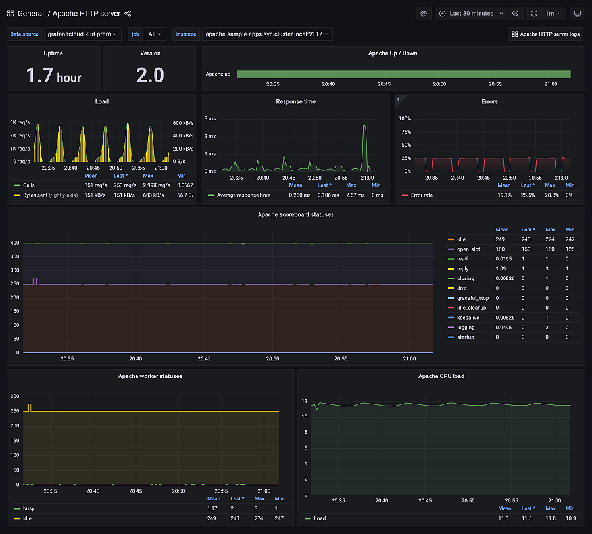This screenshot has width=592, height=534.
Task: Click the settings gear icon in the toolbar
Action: point(424,13)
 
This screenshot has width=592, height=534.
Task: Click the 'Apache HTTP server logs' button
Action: point(545,34)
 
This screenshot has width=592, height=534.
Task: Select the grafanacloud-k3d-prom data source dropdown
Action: point(83,34)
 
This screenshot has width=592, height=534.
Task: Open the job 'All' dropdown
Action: point(156,34)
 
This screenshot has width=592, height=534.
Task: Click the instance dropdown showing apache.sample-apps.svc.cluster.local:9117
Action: point(266,34)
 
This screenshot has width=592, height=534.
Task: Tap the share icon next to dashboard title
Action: point(128,13)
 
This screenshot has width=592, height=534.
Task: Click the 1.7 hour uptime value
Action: point(53,76)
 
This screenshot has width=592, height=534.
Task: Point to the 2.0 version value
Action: point(150,76)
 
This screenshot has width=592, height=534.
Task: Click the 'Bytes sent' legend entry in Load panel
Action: point(39,195)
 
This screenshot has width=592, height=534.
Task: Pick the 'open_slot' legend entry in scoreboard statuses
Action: point(470,249)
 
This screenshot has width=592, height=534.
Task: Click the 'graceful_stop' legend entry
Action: point(474,298)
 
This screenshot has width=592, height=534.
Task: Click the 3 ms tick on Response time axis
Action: point(210,119)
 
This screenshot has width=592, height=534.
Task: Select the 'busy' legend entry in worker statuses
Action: point(29,508)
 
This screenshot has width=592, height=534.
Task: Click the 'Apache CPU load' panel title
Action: point(441,376)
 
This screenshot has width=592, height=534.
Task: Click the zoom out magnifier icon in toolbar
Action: point(516,13)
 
